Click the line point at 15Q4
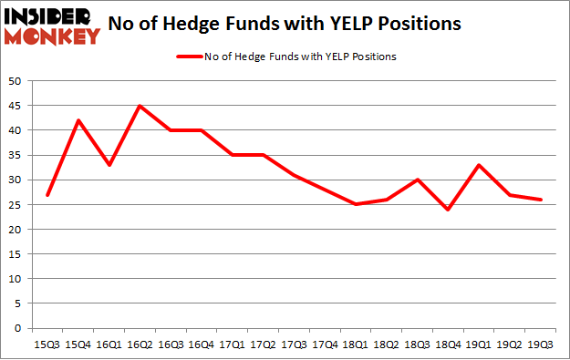[x=79, y=120]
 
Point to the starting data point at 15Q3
[x=48, y=195]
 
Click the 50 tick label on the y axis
[x=16, y=81]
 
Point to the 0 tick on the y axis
[x=19, y=328]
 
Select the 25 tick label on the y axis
[x=16, y=205]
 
